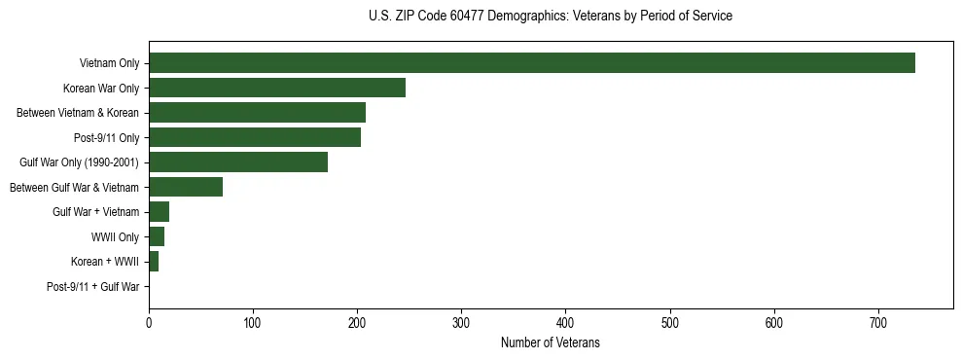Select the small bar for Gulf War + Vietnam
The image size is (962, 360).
point(160,212)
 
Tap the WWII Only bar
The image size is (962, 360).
point(157,236)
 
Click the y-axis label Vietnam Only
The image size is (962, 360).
point(109,64)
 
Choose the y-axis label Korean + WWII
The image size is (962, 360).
point(105,262)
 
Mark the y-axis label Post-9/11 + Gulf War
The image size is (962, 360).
point(93,287)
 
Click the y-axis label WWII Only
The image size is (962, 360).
point(115,237)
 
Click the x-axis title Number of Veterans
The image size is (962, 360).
point(550,343)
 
